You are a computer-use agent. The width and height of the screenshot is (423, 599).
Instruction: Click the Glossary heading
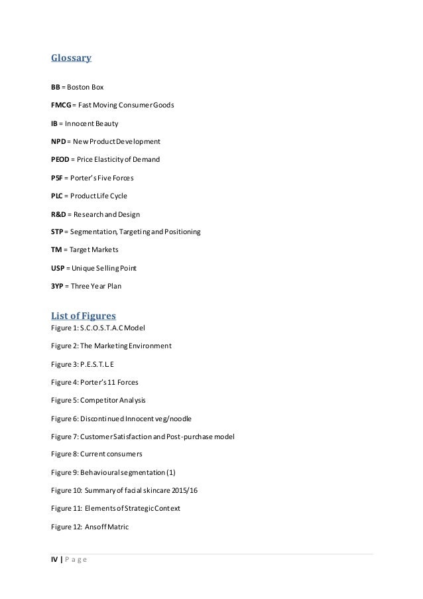click(x=71, y=58)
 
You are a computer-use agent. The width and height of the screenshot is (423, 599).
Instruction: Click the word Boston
click(x=84, y=87)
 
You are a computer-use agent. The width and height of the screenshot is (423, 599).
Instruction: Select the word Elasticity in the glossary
click(x=117, y=160)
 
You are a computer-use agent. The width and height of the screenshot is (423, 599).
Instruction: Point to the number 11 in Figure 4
click(x=117, y=382)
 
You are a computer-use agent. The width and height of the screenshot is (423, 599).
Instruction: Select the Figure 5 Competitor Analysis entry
click(x=98, y=401)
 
